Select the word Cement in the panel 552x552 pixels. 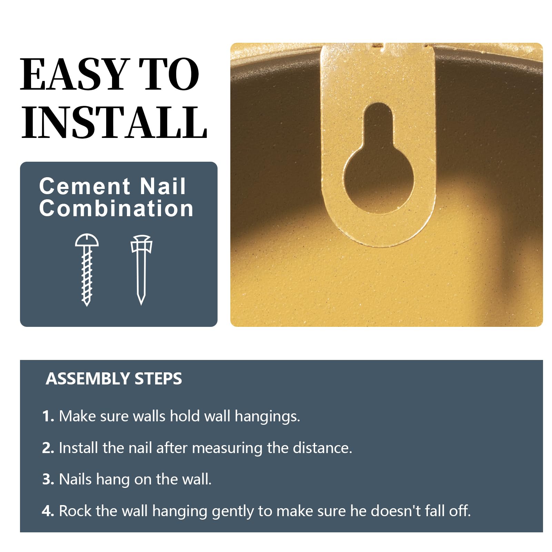click(x=85, y=186)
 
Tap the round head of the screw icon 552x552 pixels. click(x=87, y=240)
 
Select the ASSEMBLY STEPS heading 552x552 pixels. click(x=114, y=379)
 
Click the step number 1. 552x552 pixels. click(x=48, y=416)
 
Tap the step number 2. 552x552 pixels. click(x=48, y=448)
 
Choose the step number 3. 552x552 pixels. click(x=48, y=479)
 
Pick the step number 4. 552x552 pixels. click(x=48, y=511)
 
